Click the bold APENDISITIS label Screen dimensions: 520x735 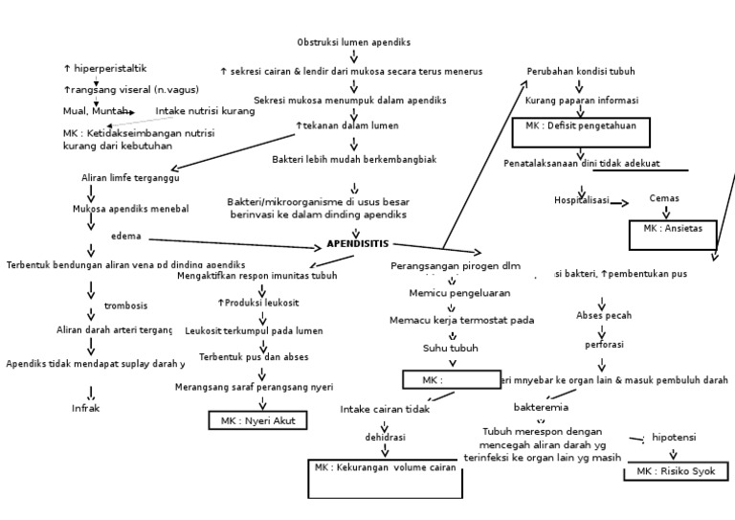358,244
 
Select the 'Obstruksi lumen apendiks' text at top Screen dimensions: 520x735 354,43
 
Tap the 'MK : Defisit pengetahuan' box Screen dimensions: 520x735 580,131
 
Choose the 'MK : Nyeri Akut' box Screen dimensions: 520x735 252,420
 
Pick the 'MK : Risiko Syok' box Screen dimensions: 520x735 675,471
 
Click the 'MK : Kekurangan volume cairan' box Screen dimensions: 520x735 385,478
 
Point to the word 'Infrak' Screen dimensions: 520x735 86,408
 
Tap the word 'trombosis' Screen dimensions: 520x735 125,305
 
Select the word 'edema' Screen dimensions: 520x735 125,236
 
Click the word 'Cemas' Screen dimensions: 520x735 664,198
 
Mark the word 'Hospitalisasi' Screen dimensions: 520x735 581,200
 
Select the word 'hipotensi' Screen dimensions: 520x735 674,437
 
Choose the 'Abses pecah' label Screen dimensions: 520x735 603,315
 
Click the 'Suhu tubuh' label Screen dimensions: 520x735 451,348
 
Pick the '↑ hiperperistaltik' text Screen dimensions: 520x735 105,68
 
